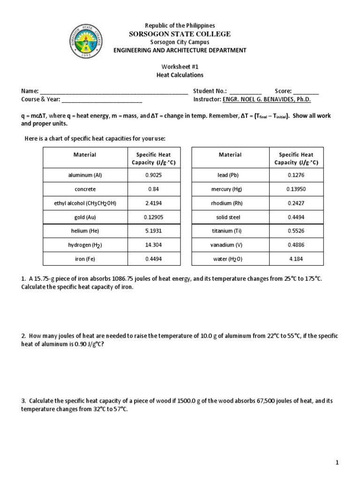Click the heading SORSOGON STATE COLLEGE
point(180,34)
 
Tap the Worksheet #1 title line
point(180,67)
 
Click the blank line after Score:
point(306,91)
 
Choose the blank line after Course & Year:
point(102,99)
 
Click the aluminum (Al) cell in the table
point(85,175)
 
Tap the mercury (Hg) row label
point(230,189)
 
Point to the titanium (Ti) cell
point(230,231)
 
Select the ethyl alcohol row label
point(85,203)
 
